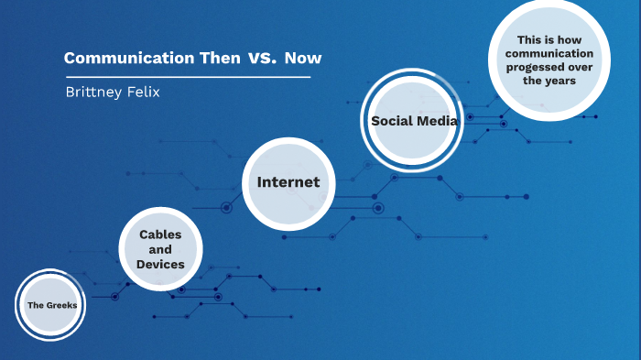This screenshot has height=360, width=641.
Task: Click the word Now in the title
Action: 303,58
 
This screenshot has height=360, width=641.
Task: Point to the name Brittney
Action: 92,93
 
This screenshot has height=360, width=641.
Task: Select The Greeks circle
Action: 51,304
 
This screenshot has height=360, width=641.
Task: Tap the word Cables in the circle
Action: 160,235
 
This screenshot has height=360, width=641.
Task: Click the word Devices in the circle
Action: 160,264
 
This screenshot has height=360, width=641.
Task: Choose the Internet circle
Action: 288,181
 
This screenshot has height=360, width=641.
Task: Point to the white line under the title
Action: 187,77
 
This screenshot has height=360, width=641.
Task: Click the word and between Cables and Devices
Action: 160,249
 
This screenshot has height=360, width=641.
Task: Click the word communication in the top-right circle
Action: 549,53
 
